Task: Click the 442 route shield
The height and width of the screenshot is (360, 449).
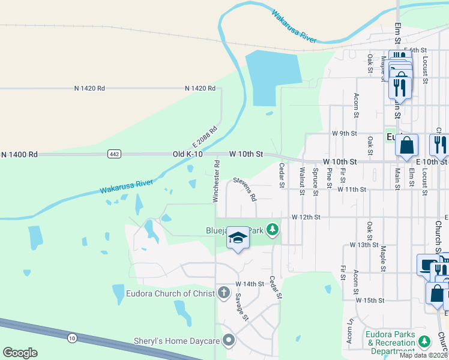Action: coord(114,154)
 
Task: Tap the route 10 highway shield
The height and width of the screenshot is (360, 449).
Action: coord(72,339)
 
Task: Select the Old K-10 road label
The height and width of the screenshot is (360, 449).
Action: coord(188,154)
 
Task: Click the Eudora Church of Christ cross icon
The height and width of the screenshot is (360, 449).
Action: coord(223,293)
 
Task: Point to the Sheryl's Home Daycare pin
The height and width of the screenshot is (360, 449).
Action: coord(228,340)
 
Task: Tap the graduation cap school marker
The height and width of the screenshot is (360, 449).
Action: coord(238,238)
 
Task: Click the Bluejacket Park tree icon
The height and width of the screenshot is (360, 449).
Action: coord(273,229)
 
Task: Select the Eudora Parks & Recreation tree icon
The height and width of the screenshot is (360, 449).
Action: coord(424,342)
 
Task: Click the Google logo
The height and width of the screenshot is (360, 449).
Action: coord(20,353)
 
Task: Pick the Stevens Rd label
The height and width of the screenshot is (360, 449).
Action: coord(245,188)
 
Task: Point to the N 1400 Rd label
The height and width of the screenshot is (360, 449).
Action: coord(19,154)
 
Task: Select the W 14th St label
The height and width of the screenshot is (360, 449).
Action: coord(250,284)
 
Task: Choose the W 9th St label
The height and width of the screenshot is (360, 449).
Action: coord(345,133)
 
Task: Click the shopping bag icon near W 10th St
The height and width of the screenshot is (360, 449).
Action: coord(406,145)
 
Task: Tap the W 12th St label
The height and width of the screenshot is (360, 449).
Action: coord(306,217)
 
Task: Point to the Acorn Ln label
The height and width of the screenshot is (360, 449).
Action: coord(349,340)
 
